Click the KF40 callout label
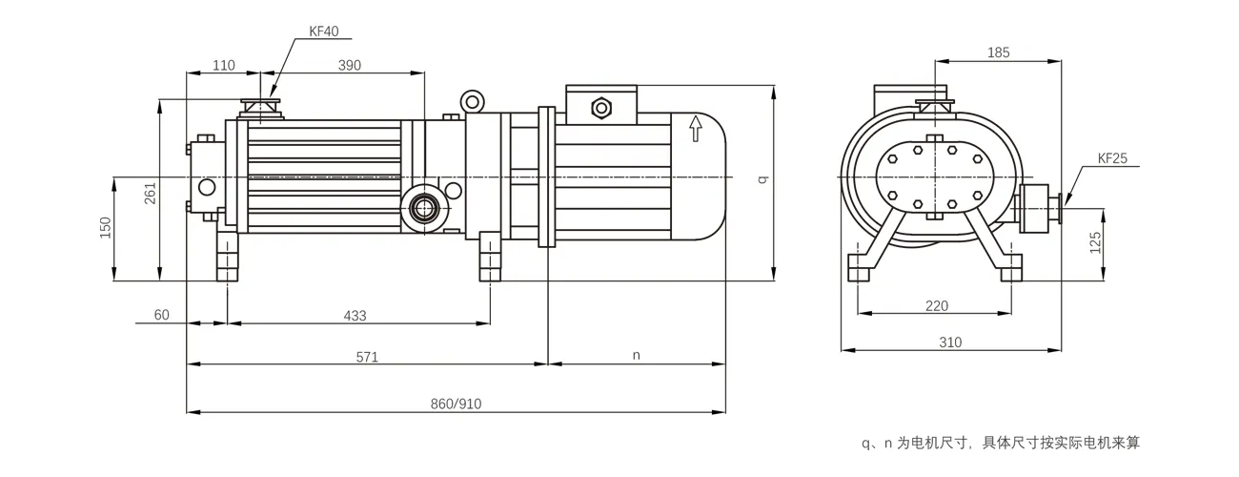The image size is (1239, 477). click(324, 31)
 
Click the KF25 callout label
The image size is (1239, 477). click(1112, 159)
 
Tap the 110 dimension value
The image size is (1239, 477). click(223, 65)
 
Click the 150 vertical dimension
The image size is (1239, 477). click(106, 228)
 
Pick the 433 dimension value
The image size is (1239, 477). click(355, 315)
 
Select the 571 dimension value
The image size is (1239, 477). click(368, 357)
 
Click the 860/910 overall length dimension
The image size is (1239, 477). click(457, 404)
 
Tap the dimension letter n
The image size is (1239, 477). click(637, 356)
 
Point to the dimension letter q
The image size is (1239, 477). click(762, 179)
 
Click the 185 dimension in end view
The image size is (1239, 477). click(999, 52)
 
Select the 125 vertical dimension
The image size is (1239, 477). click(1095, 241)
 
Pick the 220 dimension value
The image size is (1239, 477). click(937, 306)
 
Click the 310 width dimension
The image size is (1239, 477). click(949, 342)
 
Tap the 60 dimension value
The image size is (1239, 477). click(161, 315)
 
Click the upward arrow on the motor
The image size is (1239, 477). click(696, 127)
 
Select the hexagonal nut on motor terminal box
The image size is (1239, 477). click(601, 107)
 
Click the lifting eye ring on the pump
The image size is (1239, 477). click(472, 100)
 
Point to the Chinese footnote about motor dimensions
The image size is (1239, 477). click(1000, 443)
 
